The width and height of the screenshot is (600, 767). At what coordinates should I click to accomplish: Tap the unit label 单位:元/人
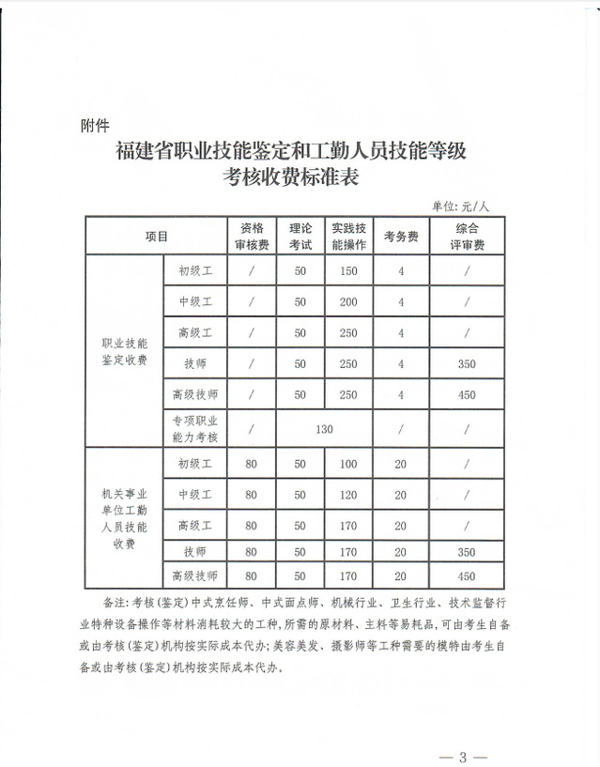(x=461, y=206)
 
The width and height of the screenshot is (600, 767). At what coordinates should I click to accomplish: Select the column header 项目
(x=157, y=237)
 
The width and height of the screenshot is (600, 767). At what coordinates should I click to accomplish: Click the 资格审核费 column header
(x=252, y=237)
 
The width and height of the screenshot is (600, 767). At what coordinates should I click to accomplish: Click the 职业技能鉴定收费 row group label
(x=125, y=352)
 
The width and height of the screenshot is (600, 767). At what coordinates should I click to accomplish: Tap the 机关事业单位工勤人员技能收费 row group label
(x=125, y=517)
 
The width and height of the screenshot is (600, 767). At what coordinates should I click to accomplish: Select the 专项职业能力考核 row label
(x=194, y=429)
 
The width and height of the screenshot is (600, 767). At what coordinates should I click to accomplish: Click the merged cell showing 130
(x=324, y=430)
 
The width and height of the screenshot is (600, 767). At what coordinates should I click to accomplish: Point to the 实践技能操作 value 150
(x=348, y=271)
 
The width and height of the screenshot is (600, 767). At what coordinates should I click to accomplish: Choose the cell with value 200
(x=348, y=302)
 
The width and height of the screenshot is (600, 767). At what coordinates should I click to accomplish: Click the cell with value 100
(x=348, y=463)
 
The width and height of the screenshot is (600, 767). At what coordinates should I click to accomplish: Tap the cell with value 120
(x=348, y=494)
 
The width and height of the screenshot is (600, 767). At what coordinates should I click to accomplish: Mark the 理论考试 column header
(x=300, y=237)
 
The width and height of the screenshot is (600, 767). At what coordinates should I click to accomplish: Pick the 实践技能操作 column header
(x=348, y=237)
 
